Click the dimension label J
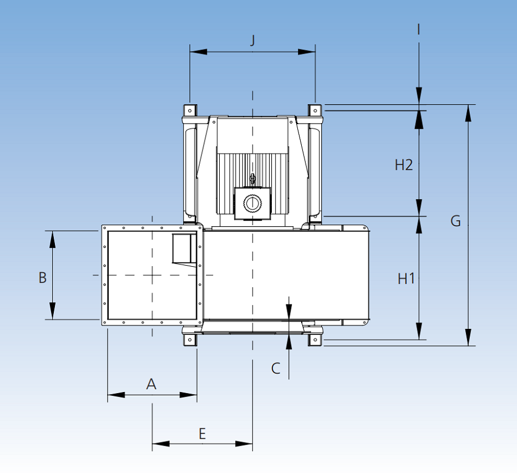coord(252,40)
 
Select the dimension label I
coord(418,28)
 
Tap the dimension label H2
coord(404,165)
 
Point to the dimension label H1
coord(406,278)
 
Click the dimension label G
coord(455,221)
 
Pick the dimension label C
coord(276,368)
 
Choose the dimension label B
coord(42,277)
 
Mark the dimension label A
coord(151,383)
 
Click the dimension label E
coord(202,433)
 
